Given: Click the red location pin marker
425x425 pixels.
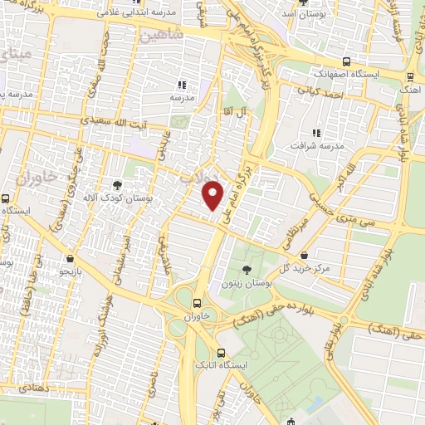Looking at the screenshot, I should [214, 194].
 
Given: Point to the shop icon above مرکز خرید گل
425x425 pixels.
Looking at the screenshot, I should [306, 255].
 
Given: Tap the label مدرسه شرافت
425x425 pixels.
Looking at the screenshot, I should [315, 147].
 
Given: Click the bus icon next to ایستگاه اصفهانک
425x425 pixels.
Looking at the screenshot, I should [345, 61].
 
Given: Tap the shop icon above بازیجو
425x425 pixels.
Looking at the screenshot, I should [70, 258].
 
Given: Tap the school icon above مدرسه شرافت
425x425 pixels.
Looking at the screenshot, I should [315, 133].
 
